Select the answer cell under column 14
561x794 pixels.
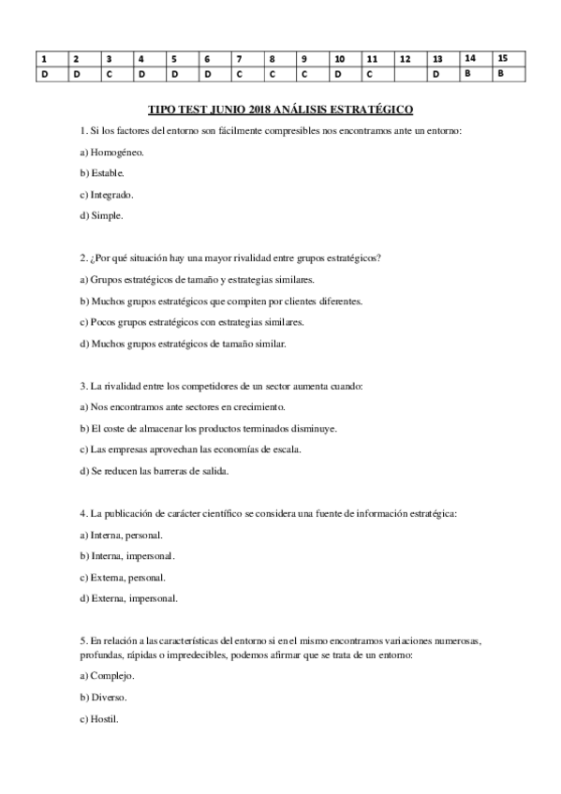pos(475,73)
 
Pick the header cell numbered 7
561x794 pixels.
pos(246,58)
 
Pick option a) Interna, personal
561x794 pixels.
pos(121,535)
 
